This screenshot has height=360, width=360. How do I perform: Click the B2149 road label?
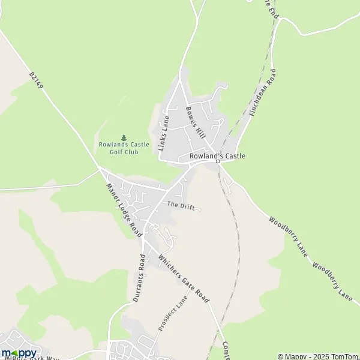(x=37, y=82)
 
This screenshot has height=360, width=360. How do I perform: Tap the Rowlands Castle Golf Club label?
(x=124, y=148)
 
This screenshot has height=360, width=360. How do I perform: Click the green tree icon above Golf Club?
(x=124, y=137)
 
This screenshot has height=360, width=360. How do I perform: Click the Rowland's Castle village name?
(x=217, y=156)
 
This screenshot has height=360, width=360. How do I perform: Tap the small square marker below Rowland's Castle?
(x=218, y=162)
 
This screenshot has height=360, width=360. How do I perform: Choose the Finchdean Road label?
(x=263, y=93)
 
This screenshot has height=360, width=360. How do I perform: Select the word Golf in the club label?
(x=116, y=152)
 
